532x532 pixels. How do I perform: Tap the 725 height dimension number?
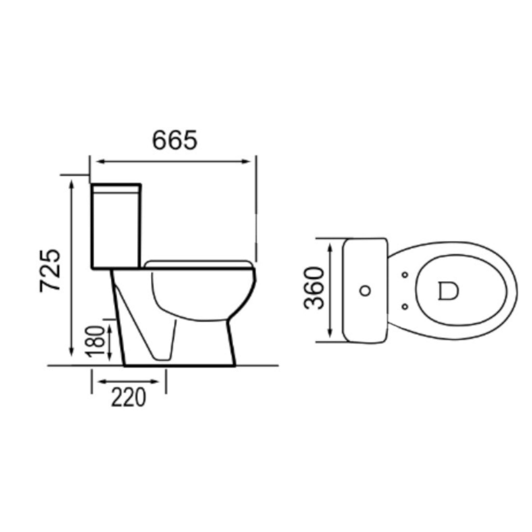pos(50,271)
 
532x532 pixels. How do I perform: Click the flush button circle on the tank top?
pos(365,290)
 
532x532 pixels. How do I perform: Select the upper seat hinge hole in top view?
pos(405,275)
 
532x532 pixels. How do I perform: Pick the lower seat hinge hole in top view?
pos(405,306)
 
